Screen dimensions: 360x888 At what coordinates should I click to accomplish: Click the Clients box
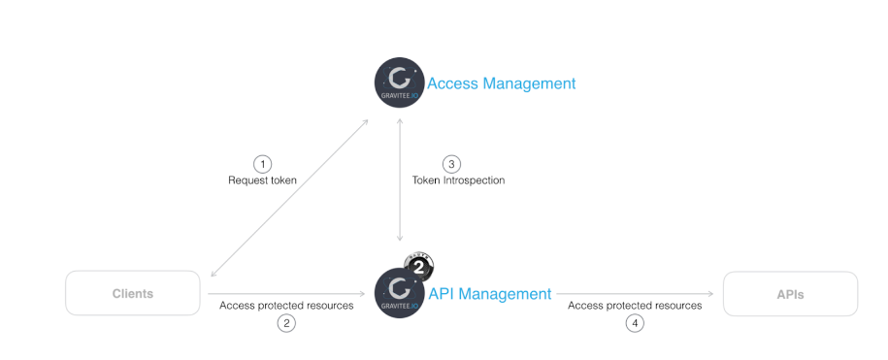coord(132,293)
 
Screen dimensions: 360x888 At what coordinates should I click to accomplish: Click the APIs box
coord(790,293)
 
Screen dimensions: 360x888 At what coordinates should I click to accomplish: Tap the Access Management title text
coord(501,83)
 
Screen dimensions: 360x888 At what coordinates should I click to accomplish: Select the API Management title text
coord(489,293)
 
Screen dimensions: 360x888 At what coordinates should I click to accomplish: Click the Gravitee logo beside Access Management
coord(399,83)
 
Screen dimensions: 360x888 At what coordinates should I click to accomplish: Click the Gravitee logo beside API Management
coord(399,293)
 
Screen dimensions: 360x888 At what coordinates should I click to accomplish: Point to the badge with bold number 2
coord(418,265)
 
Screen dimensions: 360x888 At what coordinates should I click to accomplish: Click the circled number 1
coord(262,163)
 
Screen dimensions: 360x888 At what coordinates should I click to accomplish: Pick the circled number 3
coord(450,163)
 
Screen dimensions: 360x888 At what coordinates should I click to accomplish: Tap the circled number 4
coord(635,323)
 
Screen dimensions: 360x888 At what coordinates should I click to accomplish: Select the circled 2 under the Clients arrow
coord(286,323)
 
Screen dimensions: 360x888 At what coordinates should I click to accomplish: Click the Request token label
coord(262,180)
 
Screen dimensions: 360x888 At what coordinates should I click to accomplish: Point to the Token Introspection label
coord(459,180)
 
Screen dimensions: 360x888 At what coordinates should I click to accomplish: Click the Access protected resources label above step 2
coord(286,305)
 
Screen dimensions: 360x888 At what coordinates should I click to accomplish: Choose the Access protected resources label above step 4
coord(635,305)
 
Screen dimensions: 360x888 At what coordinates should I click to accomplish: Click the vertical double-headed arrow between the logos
coord(400,180)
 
